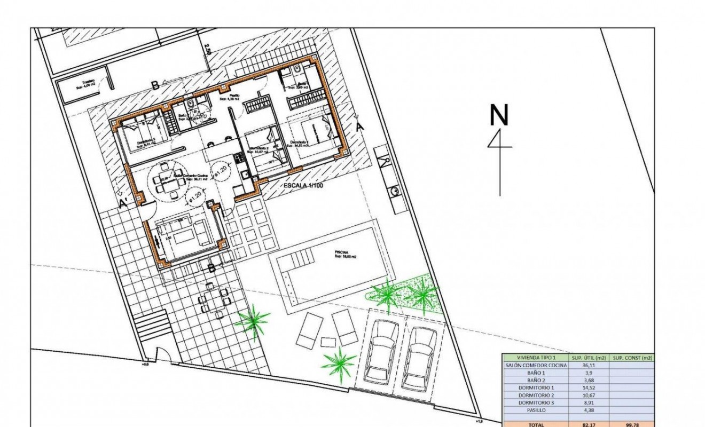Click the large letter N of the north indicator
point(499,115)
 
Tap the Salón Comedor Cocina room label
point(192,176)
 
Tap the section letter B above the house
point(155,84)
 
